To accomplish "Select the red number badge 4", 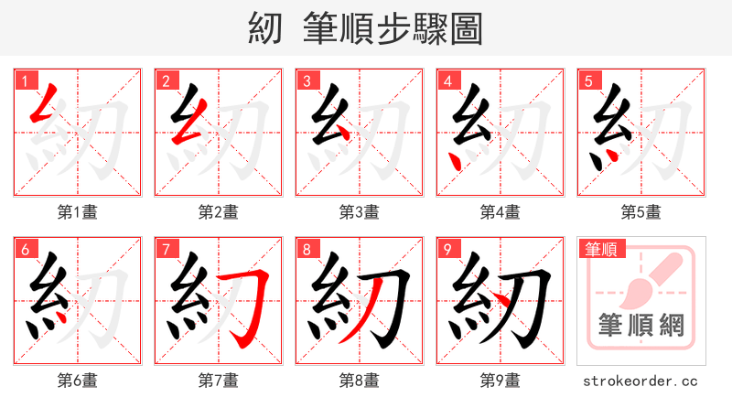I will click(447, 81).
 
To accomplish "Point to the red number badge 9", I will click(447, 249).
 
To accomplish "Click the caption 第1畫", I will click(78, 212).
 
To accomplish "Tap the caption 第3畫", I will click(360, 212).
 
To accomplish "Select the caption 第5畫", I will click(641, 212).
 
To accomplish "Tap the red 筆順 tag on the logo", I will click(599, 249).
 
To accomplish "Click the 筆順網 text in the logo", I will click(641, 326).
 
